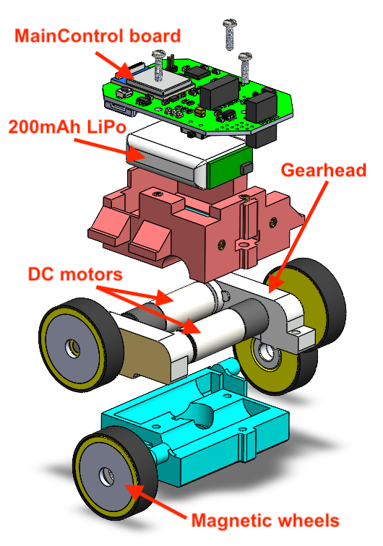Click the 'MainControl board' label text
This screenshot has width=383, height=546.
click(98, 36)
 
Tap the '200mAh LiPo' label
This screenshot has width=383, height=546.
click(67, 127)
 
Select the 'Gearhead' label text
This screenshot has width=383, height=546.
click(324, 170)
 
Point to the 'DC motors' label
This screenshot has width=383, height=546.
click(75, 274)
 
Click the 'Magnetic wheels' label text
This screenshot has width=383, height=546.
click(265, 521)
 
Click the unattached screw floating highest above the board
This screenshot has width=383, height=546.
click(230, 34)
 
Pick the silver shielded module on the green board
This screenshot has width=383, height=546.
click(160, 83)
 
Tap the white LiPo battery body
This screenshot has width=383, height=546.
click(167, 157)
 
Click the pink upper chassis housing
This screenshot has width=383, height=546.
click(195, 223)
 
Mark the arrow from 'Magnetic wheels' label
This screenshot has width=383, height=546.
click(156, 502)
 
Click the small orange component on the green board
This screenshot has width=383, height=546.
click(200, 112)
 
